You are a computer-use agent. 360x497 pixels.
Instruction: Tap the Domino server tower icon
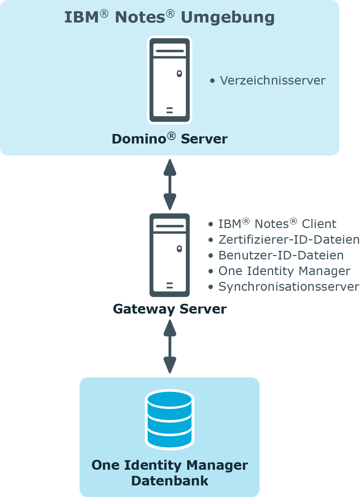pyautogui.click(x=170, y=80)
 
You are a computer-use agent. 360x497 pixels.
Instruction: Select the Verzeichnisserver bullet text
pyautogui.click(x=273, y=80)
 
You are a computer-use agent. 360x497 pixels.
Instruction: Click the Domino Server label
pyautogui.click(x=170, y=139)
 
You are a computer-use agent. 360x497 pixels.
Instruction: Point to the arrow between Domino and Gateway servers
pyautogui.click(x=170, y=185)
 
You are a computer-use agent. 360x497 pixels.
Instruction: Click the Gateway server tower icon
pyautogui.click(x=170, y=255)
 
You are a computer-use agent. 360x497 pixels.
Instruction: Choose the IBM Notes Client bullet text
pyautogui.click(x=277, y=224)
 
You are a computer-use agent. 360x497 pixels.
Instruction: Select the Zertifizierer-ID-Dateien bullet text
pyautogui.click(x=289, y=240)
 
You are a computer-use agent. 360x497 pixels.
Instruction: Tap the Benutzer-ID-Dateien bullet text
pyautogui.click(x=281, y=255)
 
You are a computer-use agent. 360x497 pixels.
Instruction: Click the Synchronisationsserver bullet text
pyautogui.click(x=289, y=287)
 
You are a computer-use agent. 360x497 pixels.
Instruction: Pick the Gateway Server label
pyautogui.click(x=170, y=309)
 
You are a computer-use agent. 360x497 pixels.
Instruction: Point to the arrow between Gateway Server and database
pyautogui.click(x=170, y=347)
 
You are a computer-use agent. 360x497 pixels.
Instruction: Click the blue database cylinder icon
pyautogui.click(x=170, y=419)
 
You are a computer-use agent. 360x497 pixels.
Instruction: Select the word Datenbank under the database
pyautogui.click(x=170, y=481)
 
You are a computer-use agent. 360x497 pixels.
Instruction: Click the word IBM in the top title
pyautogui.click(x=81, y=17)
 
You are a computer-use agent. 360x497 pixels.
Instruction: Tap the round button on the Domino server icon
pyautogui.click(x=179, y=73)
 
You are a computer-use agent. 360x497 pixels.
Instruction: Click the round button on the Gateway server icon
pyautogui.click(x=179, y=249)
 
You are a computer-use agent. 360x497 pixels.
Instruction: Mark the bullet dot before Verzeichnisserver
pyautogui.click(x=213, y=81)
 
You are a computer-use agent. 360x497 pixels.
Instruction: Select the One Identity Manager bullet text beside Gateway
pyautogui.click(x=284, y=271)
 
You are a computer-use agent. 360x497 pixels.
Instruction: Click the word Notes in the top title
pyautogui.click(x=140, y=17)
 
